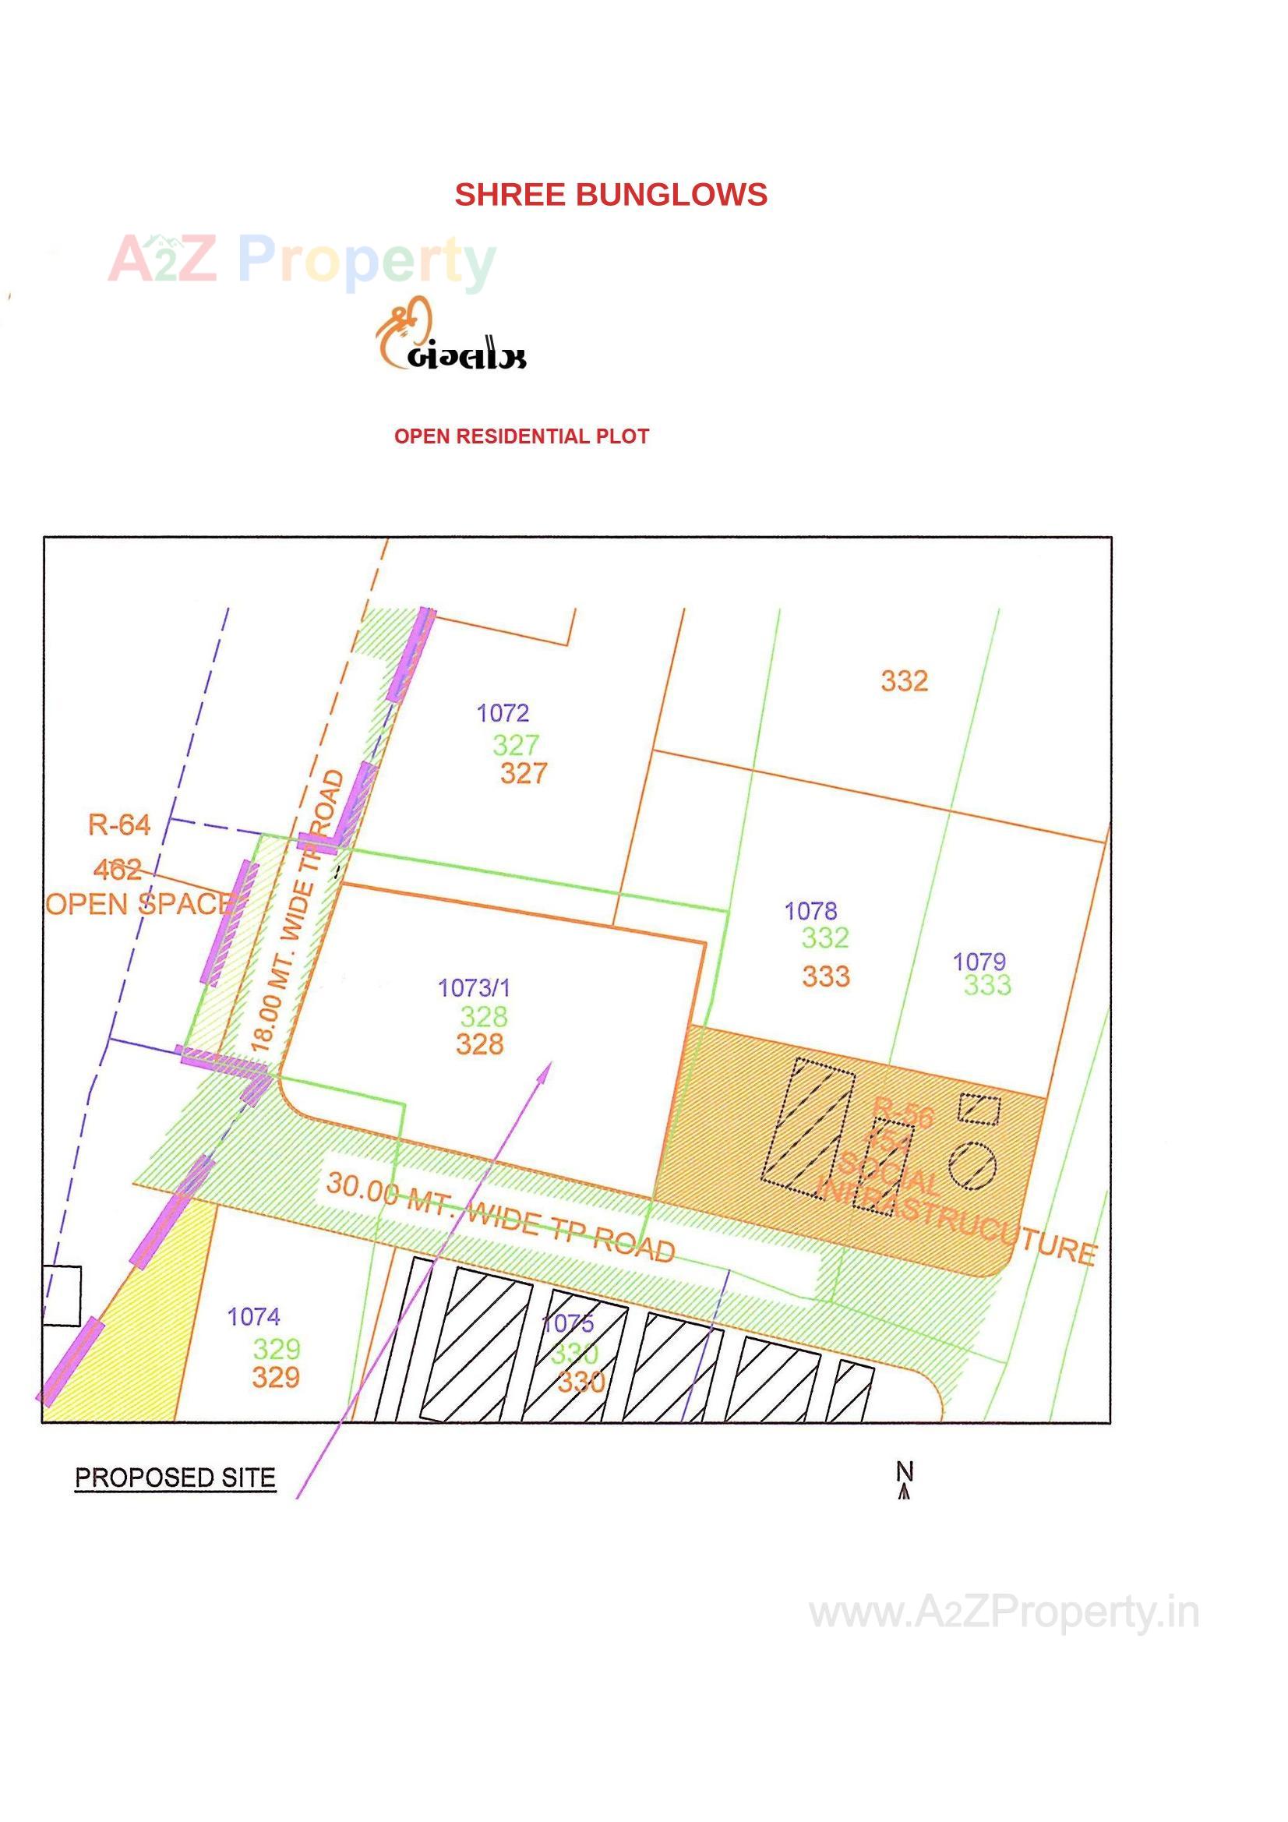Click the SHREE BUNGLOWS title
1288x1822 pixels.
click(610, 195)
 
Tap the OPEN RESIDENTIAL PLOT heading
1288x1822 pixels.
click(521, 436)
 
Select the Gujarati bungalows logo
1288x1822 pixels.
click(450, 335)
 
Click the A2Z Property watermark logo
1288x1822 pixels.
click(302, 260)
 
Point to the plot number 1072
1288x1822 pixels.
click(503, 713)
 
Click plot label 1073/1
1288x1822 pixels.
click(475, 988)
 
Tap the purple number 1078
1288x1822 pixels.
click(810, 911)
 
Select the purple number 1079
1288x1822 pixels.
click(979, 962)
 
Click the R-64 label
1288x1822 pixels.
click(119, 825)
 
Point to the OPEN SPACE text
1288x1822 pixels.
click(139, 904)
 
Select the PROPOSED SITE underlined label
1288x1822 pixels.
click(175, 1478)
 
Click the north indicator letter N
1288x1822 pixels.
click(905, 1471)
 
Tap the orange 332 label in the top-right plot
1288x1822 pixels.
click(904, 681)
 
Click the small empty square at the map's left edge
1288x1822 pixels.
click(61, 1296)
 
